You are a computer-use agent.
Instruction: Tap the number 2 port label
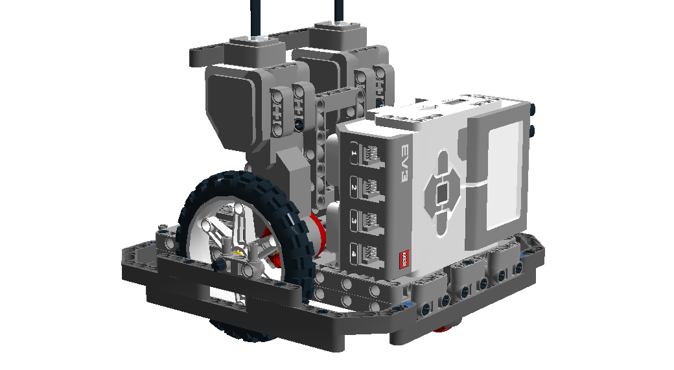pyautogui.click(x=354, y=187)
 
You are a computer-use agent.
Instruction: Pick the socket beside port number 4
pyautogui.click(x=373, y=252)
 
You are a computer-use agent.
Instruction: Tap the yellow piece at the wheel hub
pyautogui.click(x=240, y=253)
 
